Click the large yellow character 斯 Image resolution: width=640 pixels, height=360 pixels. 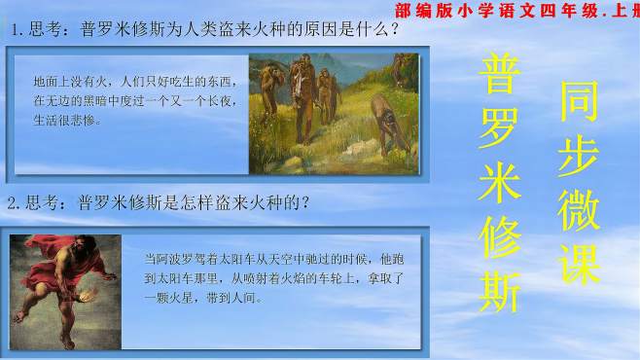tap(500, 283)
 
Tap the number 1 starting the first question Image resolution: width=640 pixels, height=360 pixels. tap(17, 30)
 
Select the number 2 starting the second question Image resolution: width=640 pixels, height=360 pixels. tap(13, 203)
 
